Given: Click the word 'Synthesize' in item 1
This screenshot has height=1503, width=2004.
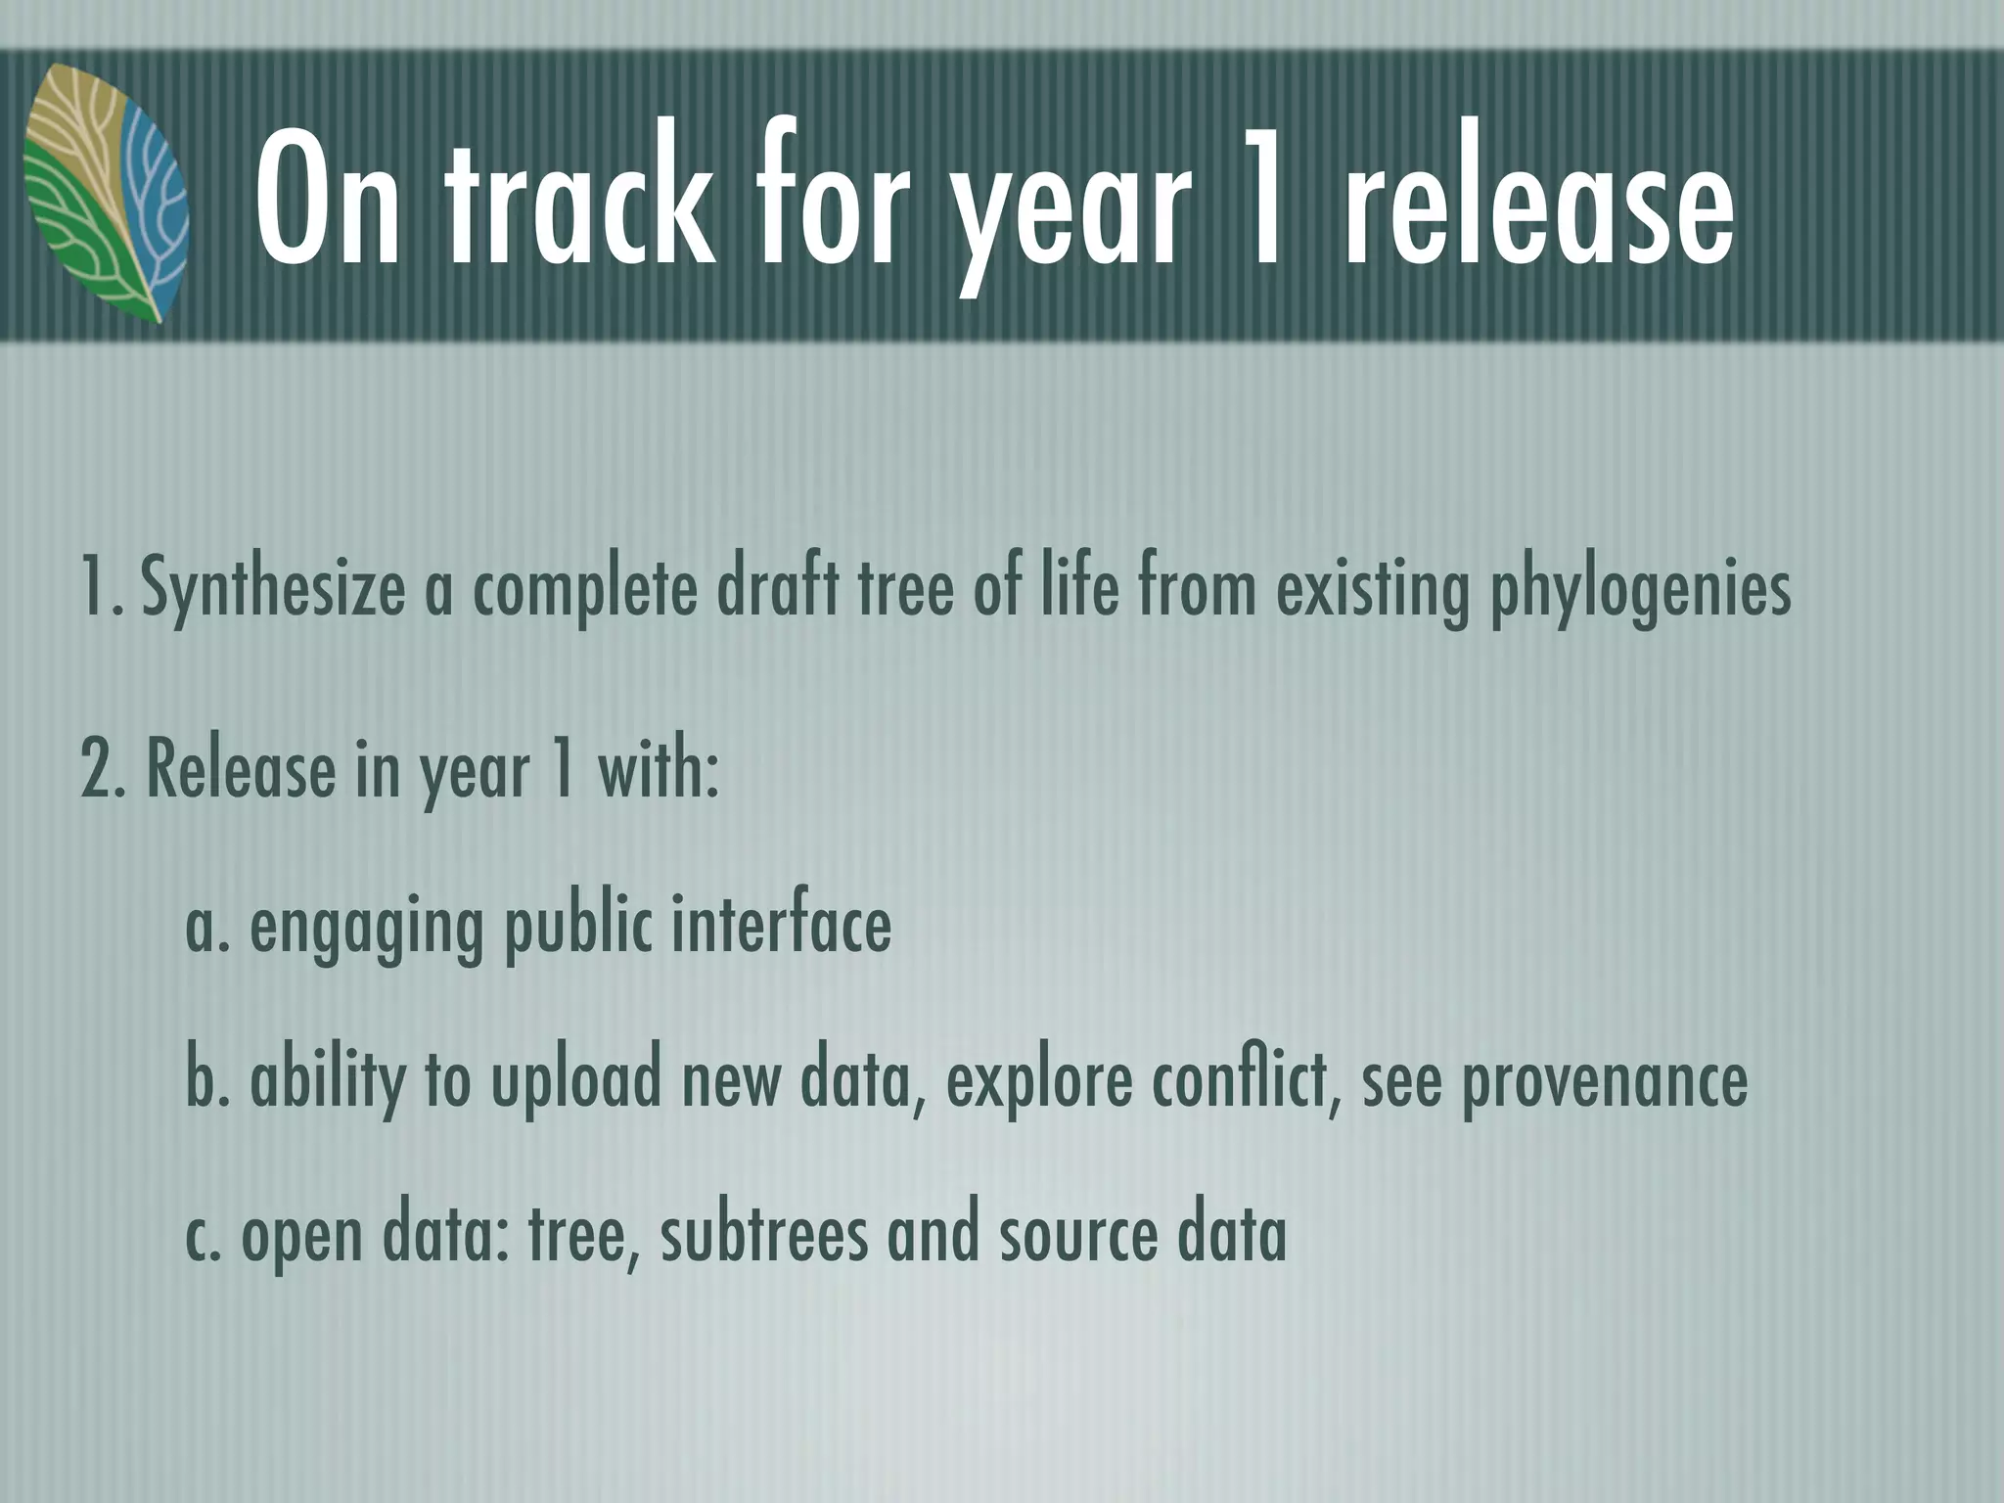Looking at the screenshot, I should click(x=273, y=589).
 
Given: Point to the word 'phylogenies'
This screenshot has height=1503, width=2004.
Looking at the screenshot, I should click(x=1640, y=589).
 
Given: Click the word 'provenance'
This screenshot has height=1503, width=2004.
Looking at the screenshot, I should click(x=1604, y=1080).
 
